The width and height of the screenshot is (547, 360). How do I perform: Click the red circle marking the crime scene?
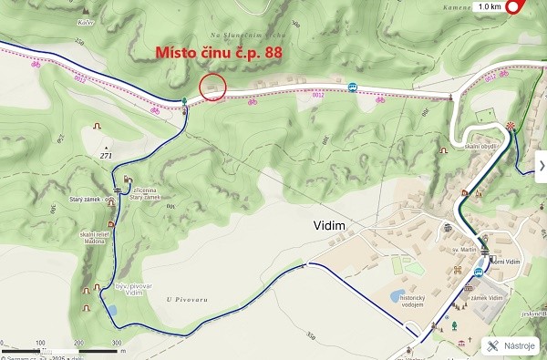click(x=212, y=87)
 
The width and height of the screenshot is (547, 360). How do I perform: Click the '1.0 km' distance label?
click(x=489, y=7)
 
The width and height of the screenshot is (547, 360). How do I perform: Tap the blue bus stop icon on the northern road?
click(x=352, y=87)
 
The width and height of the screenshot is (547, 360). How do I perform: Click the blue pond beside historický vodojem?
click(x=396, y=296)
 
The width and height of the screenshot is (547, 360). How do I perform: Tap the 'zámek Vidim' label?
click(x=486, y=298)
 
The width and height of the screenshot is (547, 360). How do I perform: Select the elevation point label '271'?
click(x=106, y=156)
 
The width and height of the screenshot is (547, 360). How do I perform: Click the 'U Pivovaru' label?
click(x=181, y=298)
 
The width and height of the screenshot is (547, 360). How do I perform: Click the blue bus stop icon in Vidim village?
click(x=478, y=272)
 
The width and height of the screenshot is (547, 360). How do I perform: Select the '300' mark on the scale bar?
click(x=117, y=343)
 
